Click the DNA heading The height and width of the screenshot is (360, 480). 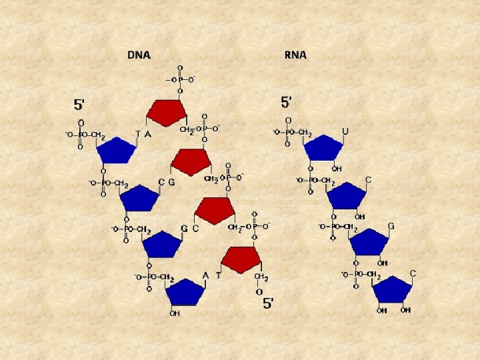(139, 55)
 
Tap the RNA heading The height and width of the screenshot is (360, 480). (295, 55)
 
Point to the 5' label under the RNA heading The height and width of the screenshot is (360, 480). (287, 102)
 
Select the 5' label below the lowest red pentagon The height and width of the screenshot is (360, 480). (267, 303)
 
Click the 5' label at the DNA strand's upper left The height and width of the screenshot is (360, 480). (79, 104)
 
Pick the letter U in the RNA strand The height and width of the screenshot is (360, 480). (345, 132)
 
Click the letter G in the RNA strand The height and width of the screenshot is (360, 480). (391, 227)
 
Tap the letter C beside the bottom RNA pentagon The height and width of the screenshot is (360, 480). (413, 274)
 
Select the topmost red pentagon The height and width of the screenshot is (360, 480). (166, 113)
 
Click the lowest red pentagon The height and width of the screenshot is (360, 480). (241, 259)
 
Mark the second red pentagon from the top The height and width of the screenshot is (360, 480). (191, 161)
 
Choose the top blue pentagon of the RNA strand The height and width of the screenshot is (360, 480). (324, 148)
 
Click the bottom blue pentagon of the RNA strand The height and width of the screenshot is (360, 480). (392, 290)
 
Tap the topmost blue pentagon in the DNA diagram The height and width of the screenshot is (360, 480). (116, 150)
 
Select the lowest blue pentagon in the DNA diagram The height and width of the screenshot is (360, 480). (184, 292)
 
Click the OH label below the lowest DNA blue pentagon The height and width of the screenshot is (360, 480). (175, 313)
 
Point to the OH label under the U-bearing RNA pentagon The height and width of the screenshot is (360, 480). (337, 169)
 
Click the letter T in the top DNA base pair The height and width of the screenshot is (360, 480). (138, 133)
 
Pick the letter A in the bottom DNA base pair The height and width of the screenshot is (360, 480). (205, 275)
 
